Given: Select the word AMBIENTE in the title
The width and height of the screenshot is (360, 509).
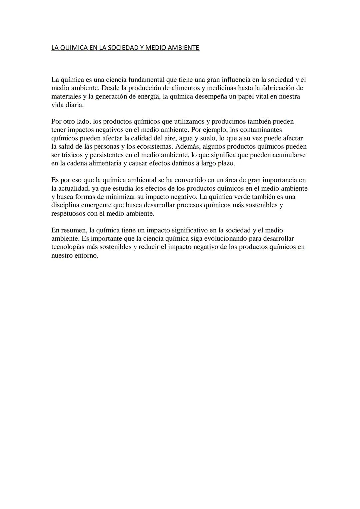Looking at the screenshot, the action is point(182,48).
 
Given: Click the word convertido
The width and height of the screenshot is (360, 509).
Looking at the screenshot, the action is point(188,180).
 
